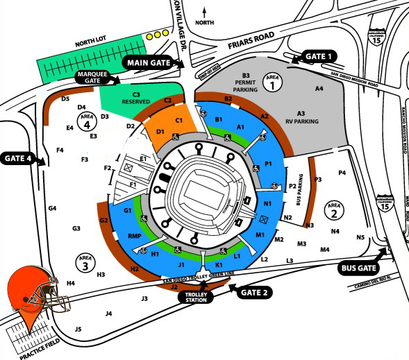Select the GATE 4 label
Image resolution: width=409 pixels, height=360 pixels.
pos(19,157)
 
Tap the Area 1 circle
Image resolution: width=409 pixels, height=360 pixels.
pos(273,84)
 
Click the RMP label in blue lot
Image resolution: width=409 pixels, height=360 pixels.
pos(135,236)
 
